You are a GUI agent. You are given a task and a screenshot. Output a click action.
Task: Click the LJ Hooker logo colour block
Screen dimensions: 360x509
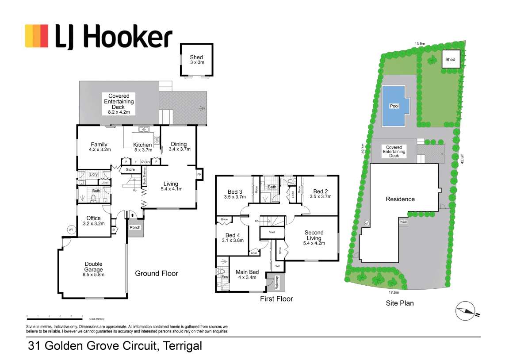[37, 36]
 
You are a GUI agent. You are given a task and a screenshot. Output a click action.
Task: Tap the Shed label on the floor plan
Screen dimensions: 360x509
[196, 57]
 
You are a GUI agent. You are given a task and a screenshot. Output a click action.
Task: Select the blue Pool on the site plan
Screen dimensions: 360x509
[394, 106]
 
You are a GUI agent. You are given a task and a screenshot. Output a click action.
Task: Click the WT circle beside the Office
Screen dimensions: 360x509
[71, 230]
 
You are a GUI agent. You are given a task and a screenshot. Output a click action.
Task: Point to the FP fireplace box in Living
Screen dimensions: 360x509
[199, 175]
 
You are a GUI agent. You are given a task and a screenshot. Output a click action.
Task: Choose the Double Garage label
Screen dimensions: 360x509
[93, 267]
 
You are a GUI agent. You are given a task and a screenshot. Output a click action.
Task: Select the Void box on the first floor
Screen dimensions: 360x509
[272, 232]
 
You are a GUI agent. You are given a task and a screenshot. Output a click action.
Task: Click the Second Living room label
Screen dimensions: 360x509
[314, 235]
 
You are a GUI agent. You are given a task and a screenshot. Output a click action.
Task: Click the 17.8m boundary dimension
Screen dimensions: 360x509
[394, 292]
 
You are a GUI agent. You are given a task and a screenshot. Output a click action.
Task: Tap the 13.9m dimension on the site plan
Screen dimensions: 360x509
[420, 44]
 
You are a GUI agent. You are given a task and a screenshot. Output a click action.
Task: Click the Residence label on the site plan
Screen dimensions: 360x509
[400, 199]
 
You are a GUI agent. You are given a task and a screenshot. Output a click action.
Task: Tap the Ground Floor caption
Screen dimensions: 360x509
[157, 273]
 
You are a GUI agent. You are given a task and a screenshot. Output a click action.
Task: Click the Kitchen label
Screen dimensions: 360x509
[142, 145]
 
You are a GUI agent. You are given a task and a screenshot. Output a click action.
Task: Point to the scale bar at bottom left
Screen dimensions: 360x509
[55, 315]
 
